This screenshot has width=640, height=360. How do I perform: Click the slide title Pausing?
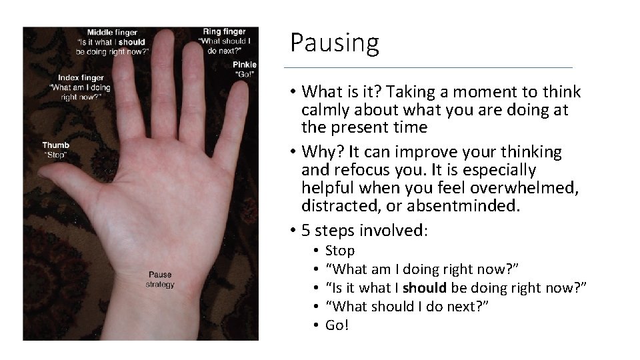[334, 43]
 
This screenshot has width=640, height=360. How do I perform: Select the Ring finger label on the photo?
[225, 31]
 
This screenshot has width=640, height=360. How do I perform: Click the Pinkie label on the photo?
[245, 65]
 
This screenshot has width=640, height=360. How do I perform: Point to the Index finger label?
[81, 77]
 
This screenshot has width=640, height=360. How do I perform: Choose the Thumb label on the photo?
[55, 145]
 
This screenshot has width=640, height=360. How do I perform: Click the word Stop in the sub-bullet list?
[339, 251]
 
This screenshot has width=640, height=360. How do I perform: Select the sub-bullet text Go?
[337, 325]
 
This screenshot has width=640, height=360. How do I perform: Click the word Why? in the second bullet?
[320, 152]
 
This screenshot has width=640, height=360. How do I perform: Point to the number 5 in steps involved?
[306, 231]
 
